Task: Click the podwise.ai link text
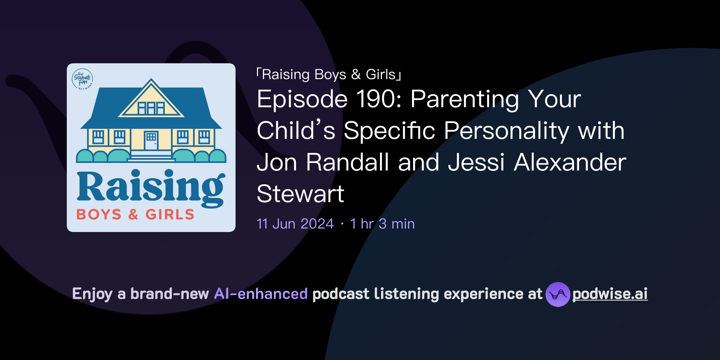tap(610, 294)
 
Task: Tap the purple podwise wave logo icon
tap(558, 294)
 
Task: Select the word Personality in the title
tap(507, 131)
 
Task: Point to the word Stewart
tap(300, 194)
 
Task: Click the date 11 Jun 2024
tap(295, 224)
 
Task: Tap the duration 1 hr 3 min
tap(382, 224)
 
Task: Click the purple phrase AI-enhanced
tap(261, 294)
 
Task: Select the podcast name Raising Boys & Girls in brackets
tap(329, 75)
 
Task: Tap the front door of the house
tap(151, 140)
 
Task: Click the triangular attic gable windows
tap(151, 108)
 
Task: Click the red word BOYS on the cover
tap(99, 214)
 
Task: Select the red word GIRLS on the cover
tap(170, 214)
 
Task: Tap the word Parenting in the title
tap(465, 99)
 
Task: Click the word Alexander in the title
tap(570, 162)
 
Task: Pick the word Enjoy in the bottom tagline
tap(92, 294)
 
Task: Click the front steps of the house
tap(151, 156)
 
